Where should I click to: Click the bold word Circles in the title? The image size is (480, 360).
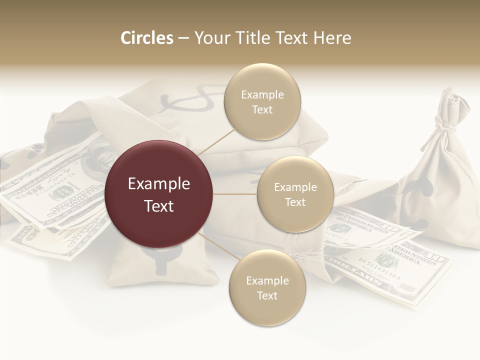coord(146,38)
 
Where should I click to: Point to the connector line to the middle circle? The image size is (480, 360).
coord(235,194)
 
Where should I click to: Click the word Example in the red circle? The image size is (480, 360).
coord(158,184)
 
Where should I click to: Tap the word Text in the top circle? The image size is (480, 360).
coord(262,109)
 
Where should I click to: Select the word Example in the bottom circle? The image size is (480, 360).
coord(267,280)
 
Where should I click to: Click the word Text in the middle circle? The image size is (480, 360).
coord(295,202)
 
